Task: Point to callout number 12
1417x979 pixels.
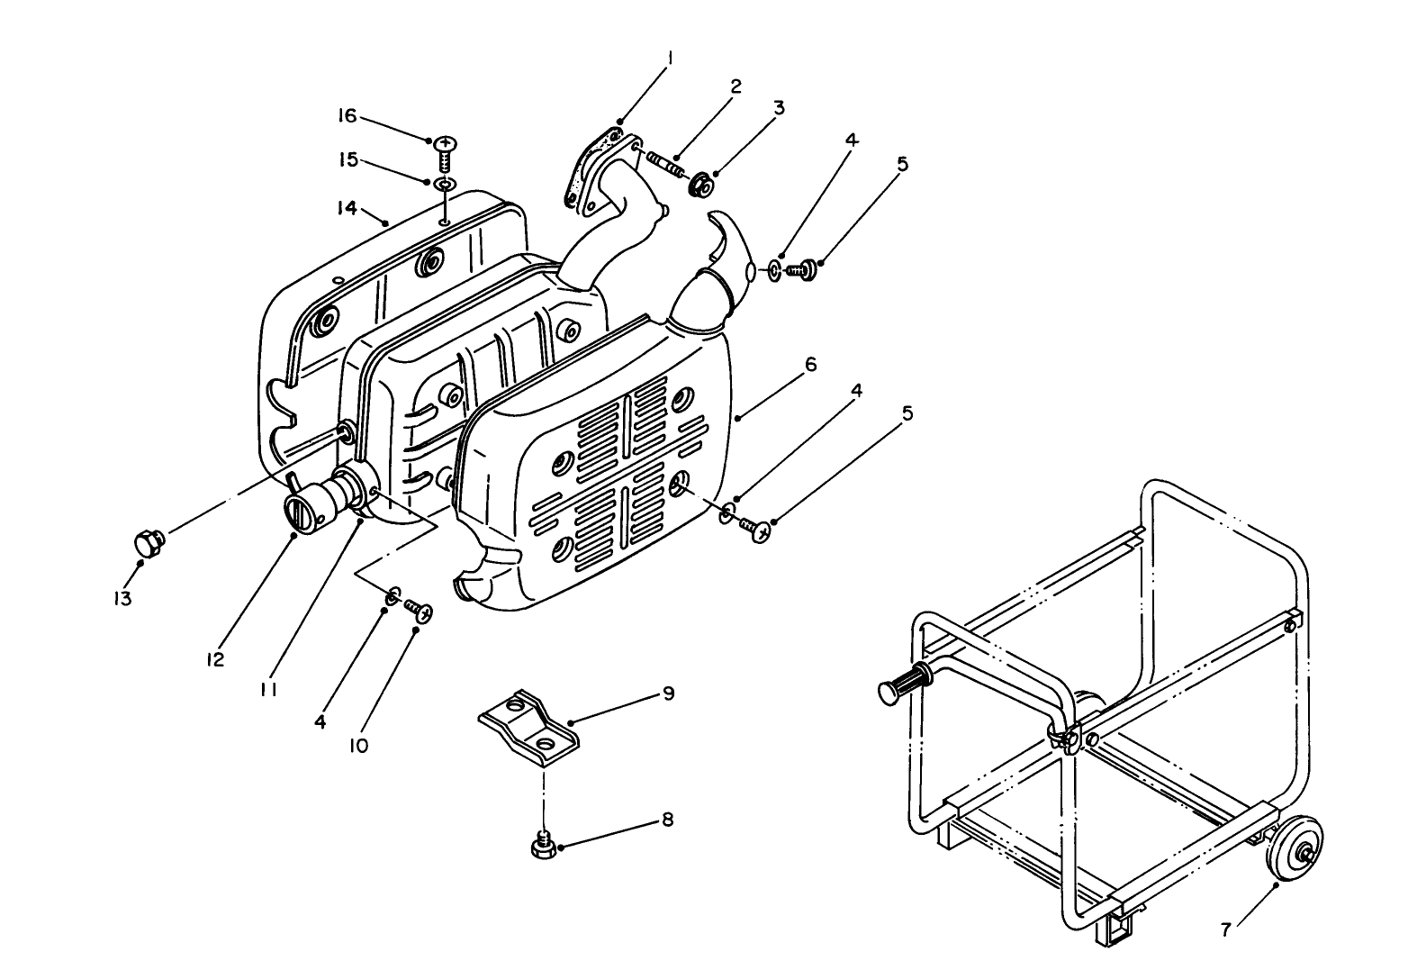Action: click(214, 659)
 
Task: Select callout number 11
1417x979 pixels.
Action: click(268, 689)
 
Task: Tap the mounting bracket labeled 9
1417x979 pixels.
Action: click(528, 722)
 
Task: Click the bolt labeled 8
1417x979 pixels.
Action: click(543, 847)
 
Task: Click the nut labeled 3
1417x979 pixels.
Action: click(701, 186)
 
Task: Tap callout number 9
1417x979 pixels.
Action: click(668, 693)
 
